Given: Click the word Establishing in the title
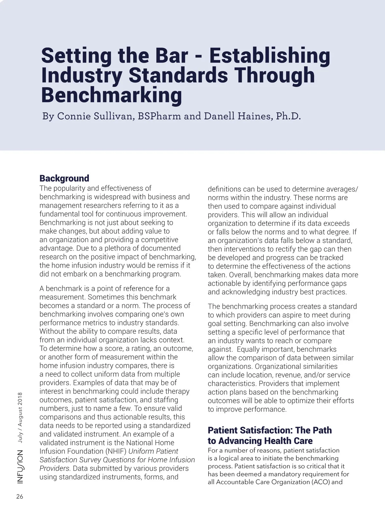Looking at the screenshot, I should click(269, 56).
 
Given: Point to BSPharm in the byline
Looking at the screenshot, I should click(159, 116).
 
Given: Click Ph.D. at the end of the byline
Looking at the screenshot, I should click(288, 116).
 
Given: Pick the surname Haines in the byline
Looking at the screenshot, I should click(254, 116).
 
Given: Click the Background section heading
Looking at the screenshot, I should click(64, 178).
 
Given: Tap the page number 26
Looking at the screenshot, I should click(20, 497).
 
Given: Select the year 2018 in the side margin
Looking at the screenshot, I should click(20, 399).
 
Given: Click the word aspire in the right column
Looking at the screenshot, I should click(292, 315).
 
